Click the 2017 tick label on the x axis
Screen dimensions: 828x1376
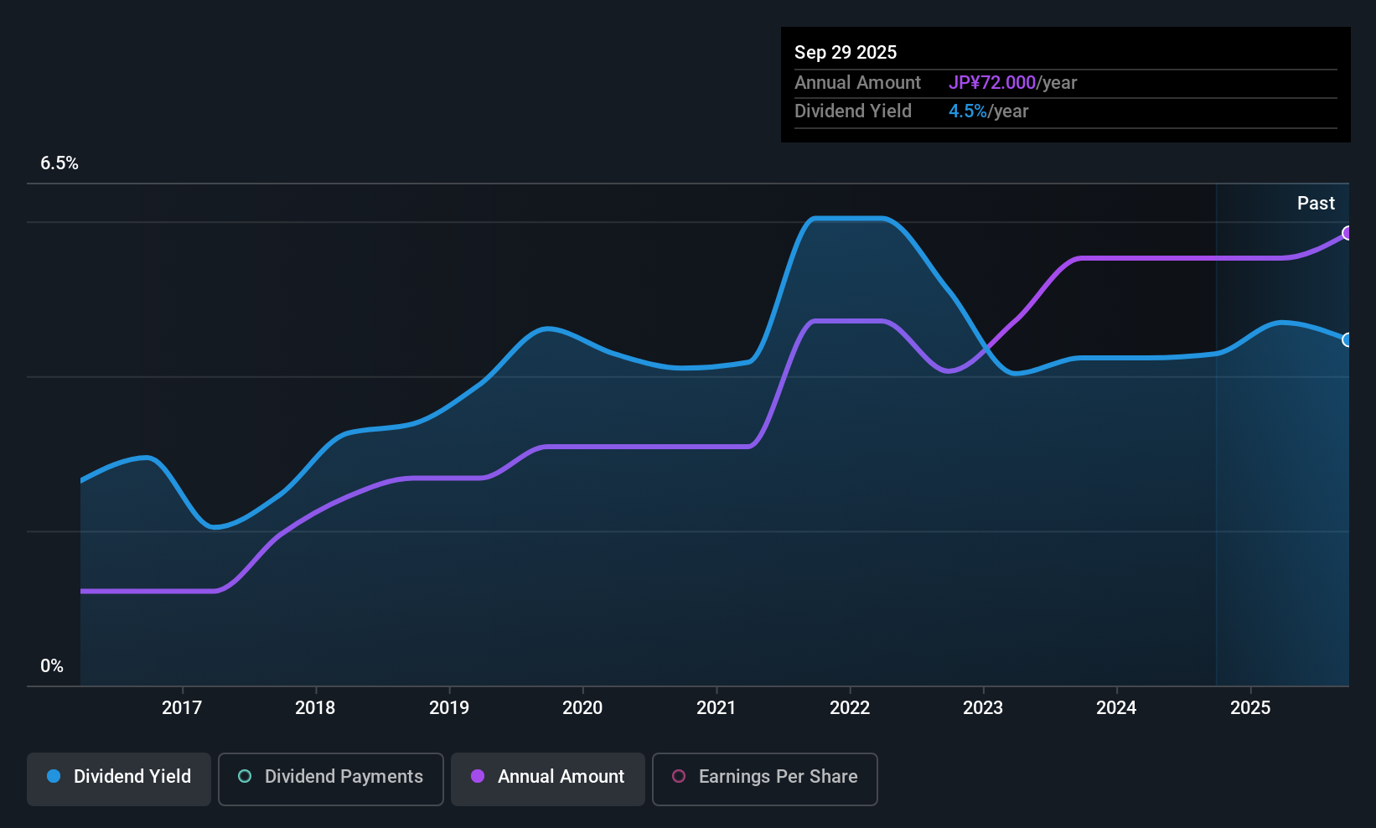point(182,707)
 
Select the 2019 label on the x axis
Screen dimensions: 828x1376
point(449,707)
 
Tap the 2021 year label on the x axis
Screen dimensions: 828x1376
point(716,707)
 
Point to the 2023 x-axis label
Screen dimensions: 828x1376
point(983,707)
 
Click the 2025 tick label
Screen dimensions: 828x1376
point(1250,707)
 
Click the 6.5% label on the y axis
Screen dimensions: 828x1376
point(59,163)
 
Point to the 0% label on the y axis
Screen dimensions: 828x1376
point(52,666)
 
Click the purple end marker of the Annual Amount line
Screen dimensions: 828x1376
point(1347,233)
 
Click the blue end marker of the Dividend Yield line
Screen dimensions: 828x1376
point(1347,339)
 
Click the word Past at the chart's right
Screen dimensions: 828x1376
point(1316,203)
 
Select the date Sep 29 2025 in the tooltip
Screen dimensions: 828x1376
point(846,52)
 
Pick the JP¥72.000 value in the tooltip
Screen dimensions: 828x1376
point(992,82)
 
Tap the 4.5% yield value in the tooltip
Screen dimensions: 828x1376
point(968,111)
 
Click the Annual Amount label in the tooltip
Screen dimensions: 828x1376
point(857,82)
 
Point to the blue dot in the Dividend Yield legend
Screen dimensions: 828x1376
point(54,776)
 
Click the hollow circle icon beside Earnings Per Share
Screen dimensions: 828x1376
point(679,776)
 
